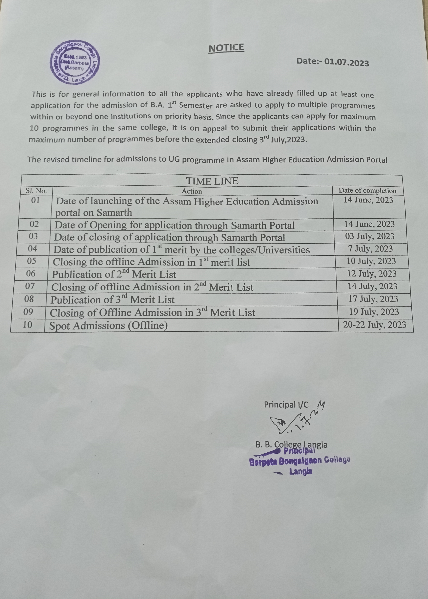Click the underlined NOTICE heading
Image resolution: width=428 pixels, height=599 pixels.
click(226, 48)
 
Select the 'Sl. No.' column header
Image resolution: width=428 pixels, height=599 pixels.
click(36, 191)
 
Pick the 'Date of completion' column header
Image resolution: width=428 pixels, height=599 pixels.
click(367, 190)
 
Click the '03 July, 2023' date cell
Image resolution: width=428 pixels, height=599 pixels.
click(370, 236)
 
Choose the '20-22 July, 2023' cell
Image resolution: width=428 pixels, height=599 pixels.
click(374, 324)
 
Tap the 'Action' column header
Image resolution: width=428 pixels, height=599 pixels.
click(192, 191)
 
